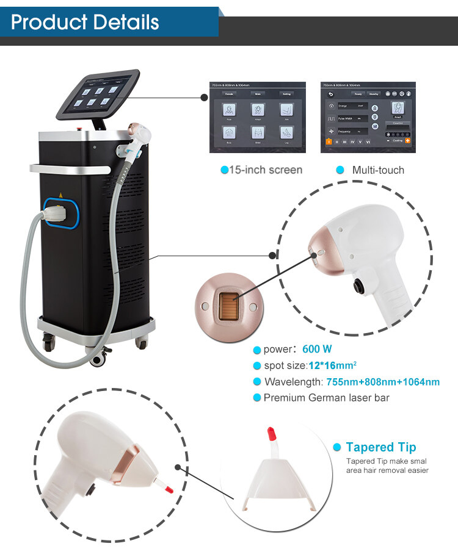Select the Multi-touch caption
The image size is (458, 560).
point(377,170)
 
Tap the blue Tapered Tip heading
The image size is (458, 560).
point(380,447)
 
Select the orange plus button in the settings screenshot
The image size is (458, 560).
point(407,140)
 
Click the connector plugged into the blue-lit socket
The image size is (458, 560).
point(57,215)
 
